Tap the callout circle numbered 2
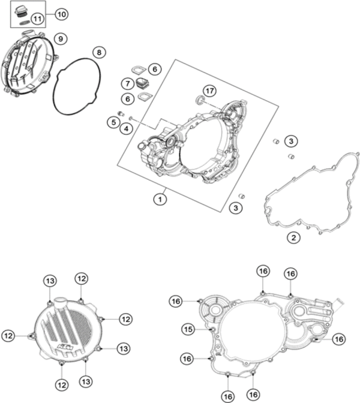tap(293, 238)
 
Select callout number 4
tap(127, 128)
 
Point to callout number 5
tap(112, 122)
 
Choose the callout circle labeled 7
tap(128, 83)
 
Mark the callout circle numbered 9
tap(60, 38)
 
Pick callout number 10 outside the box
tap(62, 13)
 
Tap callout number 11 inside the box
tap(37, 18)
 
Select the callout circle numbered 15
tap(188, 329)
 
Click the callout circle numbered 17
tap(209, 91)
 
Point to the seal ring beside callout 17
tap(199, 99)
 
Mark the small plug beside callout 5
tap(121, 114)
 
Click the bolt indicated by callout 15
tap(211, 329)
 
